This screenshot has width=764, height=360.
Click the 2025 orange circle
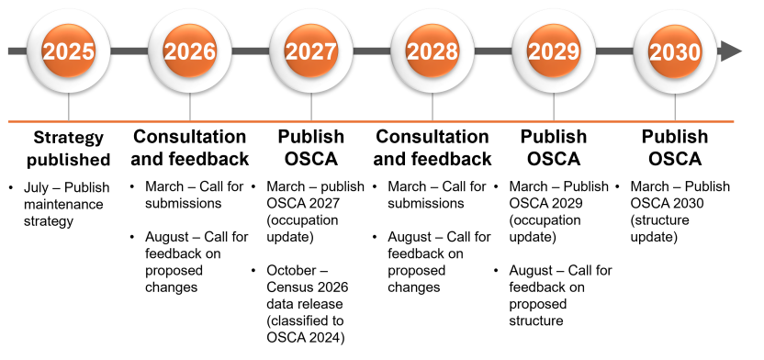[x=69, y=51]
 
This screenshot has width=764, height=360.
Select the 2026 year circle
[x=190, y=51]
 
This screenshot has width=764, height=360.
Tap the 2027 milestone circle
[x=311, y=51]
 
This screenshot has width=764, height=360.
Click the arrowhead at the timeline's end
[x=731, y=51]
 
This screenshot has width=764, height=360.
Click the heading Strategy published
[x=69, y=149]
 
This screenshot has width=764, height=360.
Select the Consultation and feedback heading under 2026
[x=190, y=147]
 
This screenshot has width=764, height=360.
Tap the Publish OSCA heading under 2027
[x=311, y=147]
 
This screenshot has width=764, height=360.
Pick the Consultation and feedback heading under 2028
[x=433, y=147]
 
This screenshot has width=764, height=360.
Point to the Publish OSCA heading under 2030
[x=675, y=147]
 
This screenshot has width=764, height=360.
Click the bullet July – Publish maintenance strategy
[x=63, y=203]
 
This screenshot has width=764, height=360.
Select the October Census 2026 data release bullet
[x=303, y=303]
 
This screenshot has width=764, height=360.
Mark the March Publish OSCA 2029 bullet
[x=556, y=211]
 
